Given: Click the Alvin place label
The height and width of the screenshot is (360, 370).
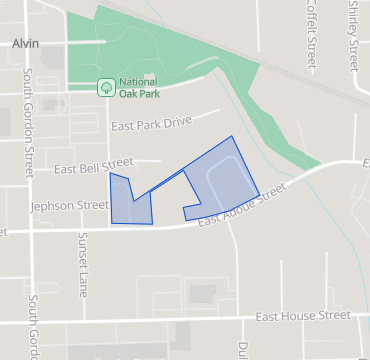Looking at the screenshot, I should [x=26, y=43].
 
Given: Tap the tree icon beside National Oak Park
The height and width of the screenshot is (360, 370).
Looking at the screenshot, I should [x=104, y=88].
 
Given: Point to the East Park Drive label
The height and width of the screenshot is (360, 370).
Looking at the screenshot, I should [x=151, y=124].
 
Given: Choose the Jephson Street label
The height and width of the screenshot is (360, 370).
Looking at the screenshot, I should [x=70, y=205].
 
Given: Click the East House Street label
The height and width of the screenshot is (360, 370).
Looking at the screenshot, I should [x=302, y=316].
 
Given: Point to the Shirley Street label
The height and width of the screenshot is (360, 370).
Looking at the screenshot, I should [x=353, y=35].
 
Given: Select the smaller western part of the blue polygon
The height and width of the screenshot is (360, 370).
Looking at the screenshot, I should [x=129, y=201].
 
